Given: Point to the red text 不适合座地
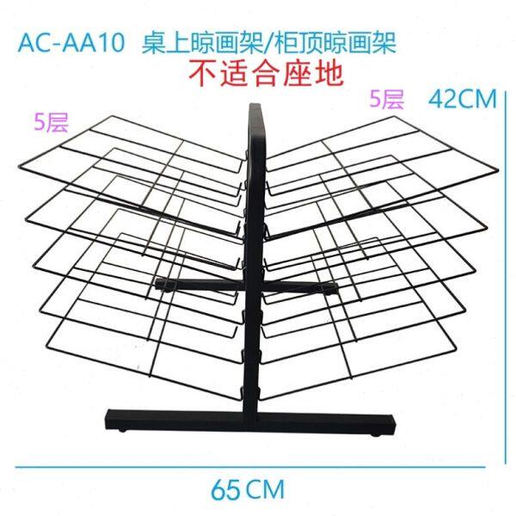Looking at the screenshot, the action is pos(267,72).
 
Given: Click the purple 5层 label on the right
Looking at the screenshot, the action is pos(386,99).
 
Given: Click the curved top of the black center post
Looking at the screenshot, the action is pos(255,110).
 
